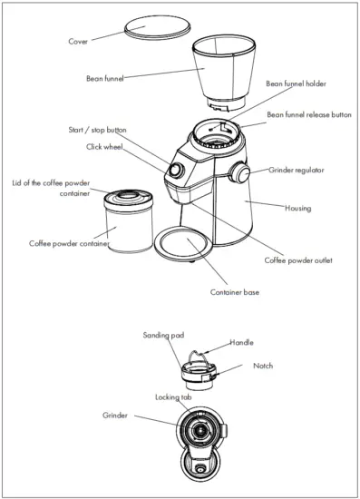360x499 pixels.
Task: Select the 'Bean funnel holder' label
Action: [295, 83]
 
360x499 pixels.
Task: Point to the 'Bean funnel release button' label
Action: [307, 115]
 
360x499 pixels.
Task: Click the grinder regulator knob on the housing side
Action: [240, 172]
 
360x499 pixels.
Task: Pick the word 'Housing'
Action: [297, 209]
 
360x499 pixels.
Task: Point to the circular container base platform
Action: [188, 247]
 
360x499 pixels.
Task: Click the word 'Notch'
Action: [263, 366]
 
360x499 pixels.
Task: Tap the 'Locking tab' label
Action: [173, 397]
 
